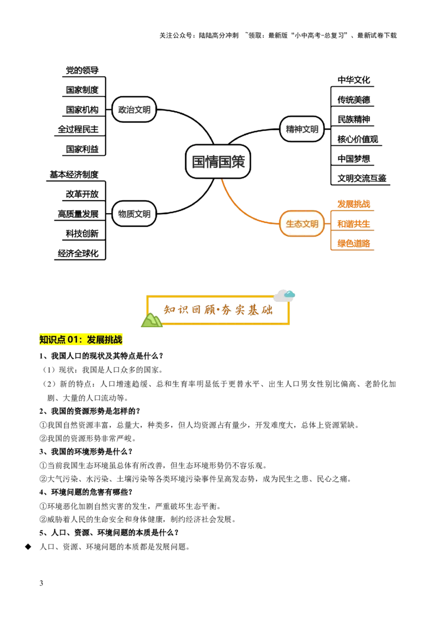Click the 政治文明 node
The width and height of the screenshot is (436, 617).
click(134, 110)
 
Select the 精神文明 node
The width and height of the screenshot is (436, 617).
click(302, 129)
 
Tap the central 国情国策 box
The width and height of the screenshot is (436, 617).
click(218, 161)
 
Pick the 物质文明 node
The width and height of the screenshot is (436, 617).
click(134, 214)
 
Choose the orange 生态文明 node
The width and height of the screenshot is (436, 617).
click(302, 223)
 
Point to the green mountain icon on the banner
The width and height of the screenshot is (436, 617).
click(152, 320)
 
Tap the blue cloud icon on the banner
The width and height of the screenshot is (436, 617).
click(289, 294)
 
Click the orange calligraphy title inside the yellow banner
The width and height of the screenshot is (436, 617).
click(218, 310)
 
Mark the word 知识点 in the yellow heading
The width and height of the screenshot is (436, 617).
click(52, 340)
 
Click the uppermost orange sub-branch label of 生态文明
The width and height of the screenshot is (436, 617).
click(353, 204)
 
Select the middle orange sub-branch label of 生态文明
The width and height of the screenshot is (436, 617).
click(353, 223)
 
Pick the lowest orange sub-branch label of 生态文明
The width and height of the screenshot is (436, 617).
click(353, 243)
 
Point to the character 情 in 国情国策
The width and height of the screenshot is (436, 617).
click(211, 161)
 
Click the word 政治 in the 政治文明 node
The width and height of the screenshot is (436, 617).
click(126, 110)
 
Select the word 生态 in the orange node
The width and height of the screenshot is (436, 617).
click(294, 223)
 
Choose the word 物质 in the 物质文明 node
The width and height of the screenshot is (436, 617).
click(126, 214)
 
